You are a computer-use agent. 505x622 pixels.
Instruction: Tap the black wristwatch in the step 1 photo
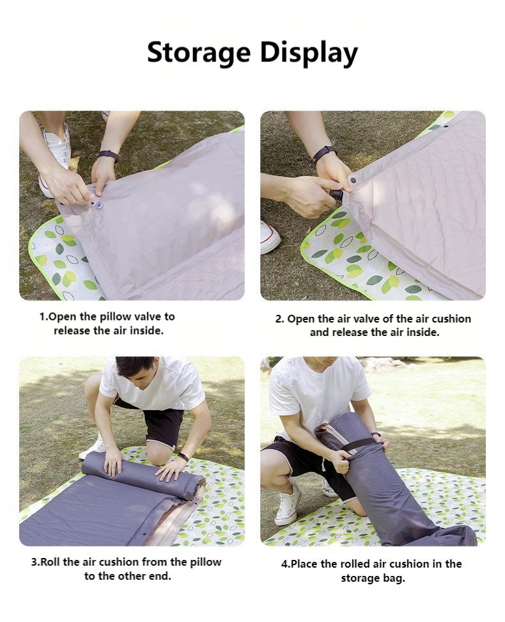pyautogui.click(x=108, y=155)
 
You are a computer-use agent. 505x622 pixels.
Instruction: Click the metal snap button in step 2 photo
pyautogui.click(x=352, y=180)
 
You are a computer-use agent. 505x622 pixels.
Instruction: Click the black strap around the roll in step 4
pyautogui.click(x=359, y=445)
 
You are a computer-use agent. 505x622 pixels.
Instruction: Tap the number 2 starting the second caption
pyautogui.click(x=278, y=319)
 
